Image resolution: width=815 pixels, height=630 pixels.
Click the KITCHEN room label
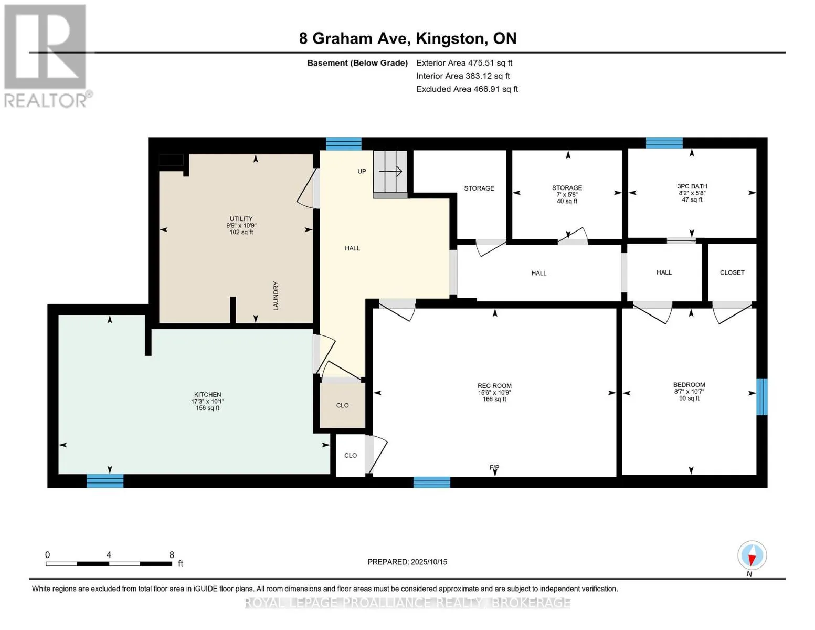click(x=207, y=394)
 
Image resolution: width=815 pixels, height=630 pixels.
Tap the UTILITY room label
click(x=241, y=218)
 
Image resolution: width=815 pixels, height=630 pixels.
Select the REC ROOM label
click(x=494, y=385)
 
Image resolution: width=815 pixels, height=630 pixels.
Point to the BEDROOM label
click(x=689, y=385)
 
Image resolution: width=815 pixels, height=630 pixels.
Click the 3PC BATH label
click(x=692, y=186)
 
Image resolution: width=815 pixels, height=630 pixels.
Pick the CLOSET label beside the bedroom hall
click(x=732, y=272)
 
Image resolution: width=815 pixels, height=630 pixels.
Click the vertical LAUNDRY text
click(x=276, y=296)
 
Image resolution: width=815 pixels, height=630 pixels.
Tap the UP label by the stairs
click(x=362, y=171)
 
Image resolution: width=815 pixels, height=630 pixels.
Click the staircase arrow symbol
click(x=390, y=172)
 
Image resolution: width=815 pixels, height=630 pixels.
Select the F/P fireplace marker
click(x=494, y=467)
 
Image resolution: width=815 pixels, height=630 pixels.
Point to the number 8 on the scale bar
click(x=172, y=555)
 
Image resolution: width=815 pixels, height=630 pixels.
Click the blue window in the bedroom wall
click(x=762, y=396)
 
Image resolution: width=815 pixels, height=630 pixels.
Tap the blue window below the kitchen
click(x=105, y=481)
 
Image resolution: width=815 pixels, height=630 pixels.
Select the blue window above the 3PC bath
click(x=664, y=143)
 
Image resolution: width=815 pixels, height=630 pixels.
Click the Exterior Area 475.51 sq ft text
click(x=464, y=62)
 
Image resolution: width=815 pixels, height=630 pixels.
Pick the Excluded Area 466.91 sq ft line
click(x=467, y=89)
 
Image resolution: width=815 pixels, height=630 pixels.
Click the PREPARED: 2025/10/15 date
click(x=407, y=562)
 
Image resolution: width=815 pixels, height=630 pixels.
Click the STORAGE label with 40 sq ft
click(x=567, y=187)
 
